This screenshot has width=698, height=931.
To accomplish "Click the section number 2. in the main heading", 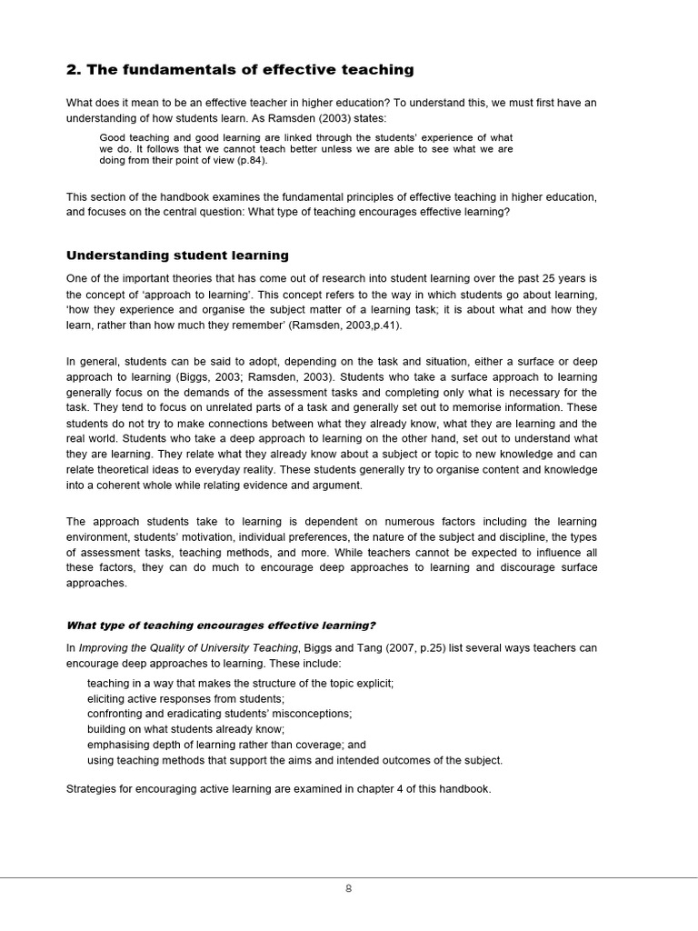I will [75, 70].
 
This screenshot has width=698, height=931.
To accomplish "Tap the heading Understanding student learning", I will [177, 255].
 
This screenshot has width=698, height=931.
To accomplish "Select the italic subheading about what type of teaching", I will [221, 625].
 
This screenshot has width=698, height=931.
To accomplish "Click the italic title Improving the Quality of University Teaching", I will [188, 647].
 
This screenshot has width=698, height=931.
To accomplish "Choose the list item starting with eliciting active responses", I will [185, 698].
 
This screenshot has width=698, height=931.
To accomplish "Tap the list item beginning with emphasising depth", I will [226, 745].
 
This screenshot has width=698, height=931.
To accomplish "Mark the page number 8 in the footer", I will [348, 889].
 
